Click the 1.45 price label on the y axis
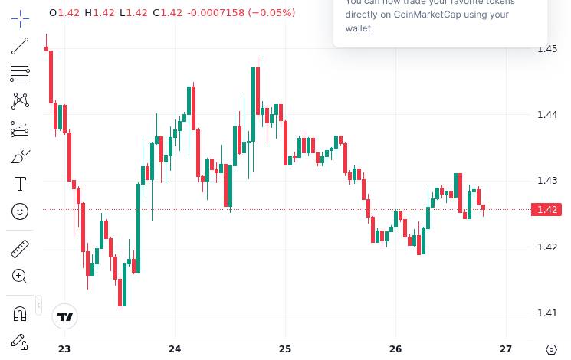click(547, 49)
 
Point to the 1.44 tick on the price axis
click(547, 115)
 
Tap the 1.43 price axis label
click(547, 181)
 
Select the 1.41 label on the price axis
click(547, 313)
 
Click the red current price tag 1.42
click(547, 210)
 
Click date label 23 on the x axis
click(64, 349)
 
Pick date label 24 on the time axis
click(175, 349)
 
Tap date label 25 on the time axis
click(285, 349)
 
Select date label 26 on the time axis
click(395, 349)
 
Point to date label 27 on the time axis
click(506, 349)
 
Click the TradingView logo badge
click(65, 316)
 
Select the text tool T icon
click(20, 184)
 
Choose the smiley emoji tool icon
click(20, 211)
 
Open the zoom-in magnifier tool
click(20, 276)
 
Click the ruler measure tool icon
click(20, 248)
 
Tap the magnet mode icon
click(20, 313)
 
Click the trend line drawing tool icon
click(20, 47)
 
